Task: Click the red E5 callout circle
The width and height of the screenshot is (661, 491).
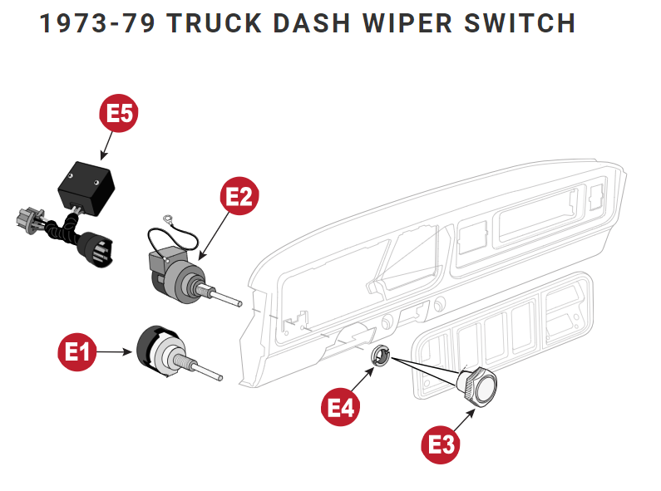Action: (x=120, y=115)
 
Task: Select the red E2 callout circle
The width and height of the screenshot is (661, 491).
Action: (x=239, y=197)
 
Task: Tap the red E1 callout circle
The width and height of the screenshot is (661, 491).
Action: (x=76, y=352)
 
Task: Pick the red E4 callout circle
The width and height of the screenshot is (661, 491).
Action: (x=341, y=408)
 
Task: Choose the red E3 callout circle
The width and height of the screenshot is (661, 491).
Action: (x=439, y=444)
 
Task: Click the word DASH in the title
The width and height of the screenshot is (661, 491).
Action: (x=325, y=23)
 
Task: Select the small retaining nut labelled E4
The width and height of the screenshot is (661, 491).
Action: (x=381, y=356)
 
